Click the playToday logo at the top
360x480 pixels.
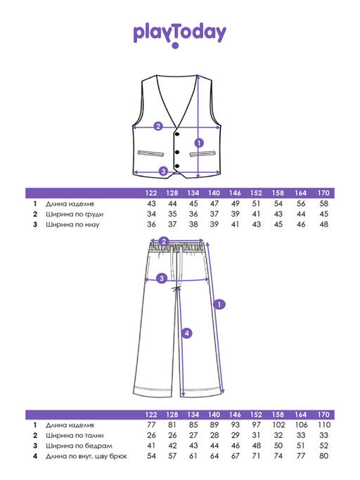(x=179, y=35)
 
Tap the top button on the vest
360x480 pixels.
(x=177, y=134)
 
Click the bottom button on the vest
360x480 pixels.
(x=177, y=167)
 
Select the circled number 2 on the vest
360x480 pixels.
(x=158, y=126)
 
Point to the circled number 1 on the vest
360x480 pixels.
(x=199, y=143)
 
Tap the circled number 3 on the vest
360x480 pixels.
(x=163, y=171)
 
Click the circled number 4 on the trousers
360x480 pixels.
(x=187, y=333)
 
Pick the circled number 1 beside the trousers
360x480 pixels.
(x=219, y=304)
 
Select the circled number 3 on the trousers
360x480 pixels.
(x=162, y=278)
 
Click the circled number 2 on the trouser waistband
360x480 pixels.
(x=164, y=241)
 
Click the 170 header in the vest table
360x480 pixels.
(x=323, y=193)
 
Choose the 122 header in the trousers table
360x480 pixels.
(x=151, y=415)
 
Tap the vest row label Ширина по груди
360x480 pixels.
(x=75, y=214)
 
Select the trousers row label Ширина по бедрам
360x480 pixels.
(x=79, y=446)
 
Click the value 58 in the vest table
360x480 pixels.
(x=324, y=204)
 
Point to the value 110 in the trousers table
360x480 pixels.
(x=324, y=425)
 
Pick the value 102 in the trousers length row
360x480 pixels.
(x=278, y=425)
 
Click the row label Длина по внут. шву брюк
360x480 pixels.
(x=86, y=456)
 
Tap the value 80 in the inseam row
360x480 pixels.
(x=324, y=456)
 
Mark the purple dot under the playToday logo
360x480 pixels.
(x=175, y=46)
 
